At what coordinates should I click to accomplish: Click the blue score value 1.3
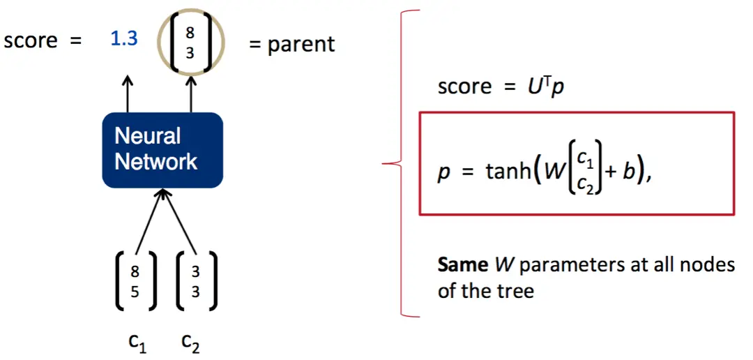point(124,39)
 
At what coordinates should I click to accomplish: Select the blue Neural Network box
point(162,149)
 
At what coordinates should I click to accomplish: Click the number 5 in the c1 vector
point(135,292)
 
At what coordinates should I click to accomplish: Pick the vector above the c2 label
point(195,282)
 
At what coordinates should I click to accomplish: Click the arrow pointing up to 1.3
point(127,93)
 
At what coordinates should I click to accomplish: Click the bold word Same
point(462,265)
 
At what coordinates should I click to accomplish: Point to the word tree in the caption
point(515,290)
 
